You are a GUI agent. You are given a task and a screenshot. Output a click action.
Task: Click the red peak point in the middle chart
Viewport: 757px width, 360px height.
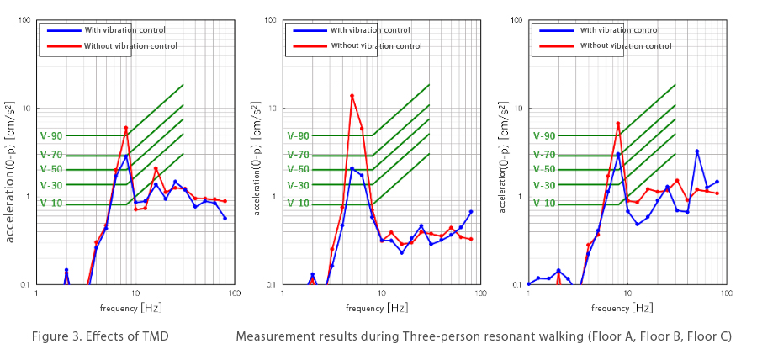(352, 96)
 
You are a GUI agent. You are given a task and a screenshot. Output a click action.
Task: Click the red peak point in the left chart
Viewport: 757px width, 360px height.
(125, 128)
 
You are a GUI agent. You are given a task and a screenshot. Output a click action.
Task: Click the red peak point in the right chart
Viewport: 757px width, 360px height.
(617, 124)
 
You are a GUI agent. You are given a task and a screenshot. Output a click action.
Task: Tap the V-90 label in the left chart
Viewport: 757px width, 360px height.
(51, 135)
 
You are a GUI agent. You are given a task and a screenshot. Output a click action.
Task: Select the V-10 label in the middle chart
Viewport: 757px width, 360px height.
(298, 204)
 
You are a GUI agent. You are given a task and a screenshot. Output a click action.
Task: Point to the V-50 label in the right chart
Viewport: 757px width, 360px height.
(543, 169)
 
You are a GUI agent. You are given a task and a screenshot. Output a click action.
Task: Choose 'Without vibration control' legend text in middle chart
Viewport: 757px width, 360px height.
(376, 45)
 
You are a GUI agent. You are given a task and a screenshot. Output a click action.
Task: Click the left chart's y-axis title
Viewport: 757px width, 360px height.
(12, 168)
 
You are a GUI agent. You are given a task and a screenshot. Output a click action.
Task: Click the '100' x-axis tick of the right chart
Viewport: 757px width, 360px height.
(725, 294)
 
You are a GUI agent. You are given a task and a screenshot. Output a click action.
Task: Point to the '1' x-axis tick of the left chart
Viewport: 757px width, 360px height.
(37, 294)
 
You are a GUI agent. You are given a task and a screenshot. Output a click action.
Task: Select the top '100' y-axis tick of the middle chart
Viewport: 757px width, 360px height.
(271, 19)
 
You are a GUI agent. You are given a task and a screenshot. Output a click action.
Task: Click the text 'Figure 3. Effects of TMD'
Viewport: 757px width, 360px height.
(100, 336)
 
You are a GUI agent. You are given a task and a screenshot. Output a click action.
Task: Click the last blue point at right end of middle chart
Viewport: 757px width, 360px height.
(471, 212)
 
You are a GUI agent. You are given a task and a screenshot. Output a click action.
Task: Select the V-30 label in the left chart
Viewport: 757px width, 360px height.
(51, 185)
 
